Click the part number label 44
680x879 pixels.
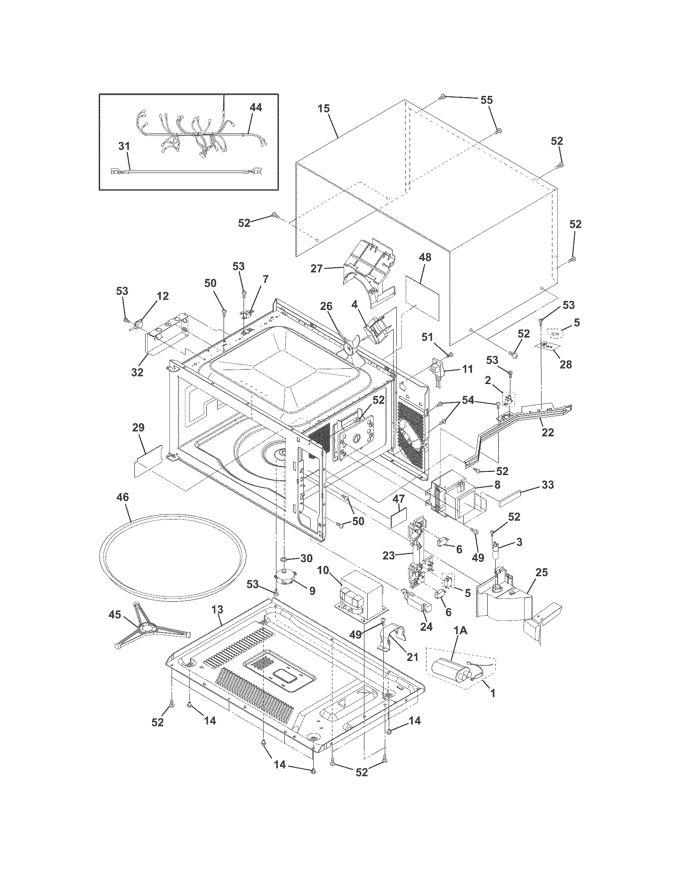pyautogui.click(x=256, y=107)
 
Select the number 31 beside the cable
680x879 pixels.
pyautogui.click(x=124, y=146)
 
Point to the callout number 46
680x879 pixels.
pyautogui.click(x=122, y=497)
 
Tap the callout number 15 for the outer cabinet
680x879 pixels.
pyautogui.click(x=324, y=109)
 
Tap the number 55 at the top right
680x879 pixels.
pyautogui.click(x=487, y=100)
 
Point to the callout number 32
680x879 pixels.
pyautogui.click(x=137, y=372)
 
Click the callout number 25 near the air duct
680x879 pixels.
pyautogui.click(x=542, y=572)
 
